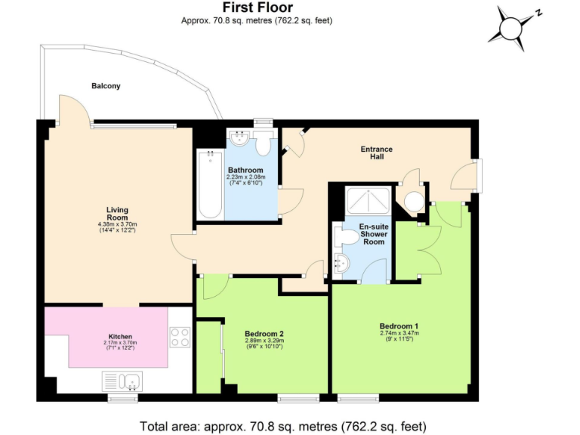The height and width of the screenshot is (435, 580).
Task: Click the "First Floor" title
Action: coord(257,8)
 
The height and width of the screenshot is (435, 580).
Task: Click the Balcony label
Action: coord(106,86)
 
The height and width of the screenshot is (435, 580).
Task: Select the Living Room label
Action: coord(116,213)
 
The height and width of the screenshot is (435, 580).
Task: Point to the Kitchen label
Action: coord(120,337)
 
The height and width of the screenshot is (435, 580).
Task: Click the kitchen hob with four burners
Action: coord(180,337)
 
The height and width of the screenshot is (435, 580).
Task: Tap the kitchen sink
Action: coord(122,381)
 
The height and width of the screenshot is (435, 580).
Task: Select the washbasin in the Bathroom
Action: coord(239,139)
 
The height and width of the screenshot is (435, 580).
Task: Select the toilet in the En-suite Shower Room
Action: coord(347,237)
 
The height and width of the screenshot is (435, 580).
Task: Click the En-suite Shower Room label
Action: coord(373,233)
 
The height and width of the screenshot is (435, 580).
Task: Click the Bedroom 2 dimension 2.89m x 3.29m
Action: coord(264,341)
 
